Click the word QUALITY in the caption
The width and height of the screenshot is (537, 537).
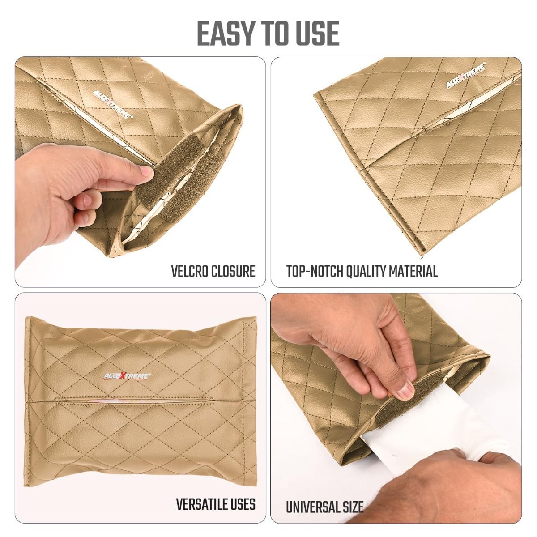365,271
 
